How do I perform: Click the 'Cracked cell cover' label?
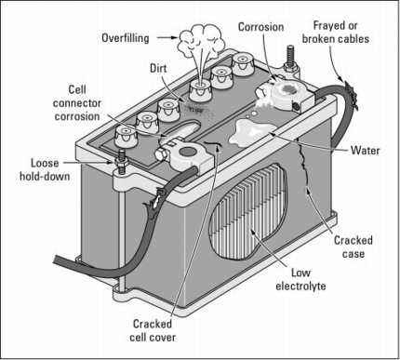pyautogui.click(x=155, y=330)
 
